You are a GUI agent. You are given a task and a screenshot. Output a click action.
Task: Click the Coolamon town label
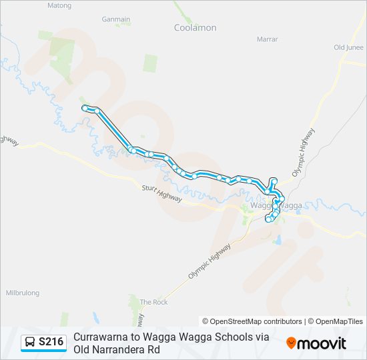pos(195,27)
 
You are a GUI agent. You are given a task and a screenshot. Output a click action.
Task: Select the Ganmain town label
pos(116,19)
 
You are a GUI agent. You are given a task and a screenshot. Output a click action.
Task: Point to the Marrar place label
pos(267,39)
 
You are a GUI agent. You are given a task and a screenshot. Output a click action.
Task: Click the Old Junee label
pos(348,47)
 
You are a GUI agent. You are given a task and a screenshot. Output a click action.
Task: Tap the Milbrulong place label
pos(23,293)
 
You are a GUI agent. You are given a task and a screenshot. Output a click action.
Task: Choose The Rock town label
pos(153,302)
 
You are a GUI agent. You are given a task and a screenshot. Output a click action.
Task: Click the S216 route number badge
pos(51,342)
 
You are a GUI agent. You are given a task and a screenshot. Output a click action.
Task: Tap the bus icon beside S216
pos(30,342)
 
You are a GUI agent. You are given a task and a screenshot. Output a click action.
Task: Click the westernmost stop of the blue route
pos(85,107)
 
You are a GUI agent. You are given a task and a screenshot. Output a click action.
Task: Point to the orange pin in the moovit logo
pos(291,343)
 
